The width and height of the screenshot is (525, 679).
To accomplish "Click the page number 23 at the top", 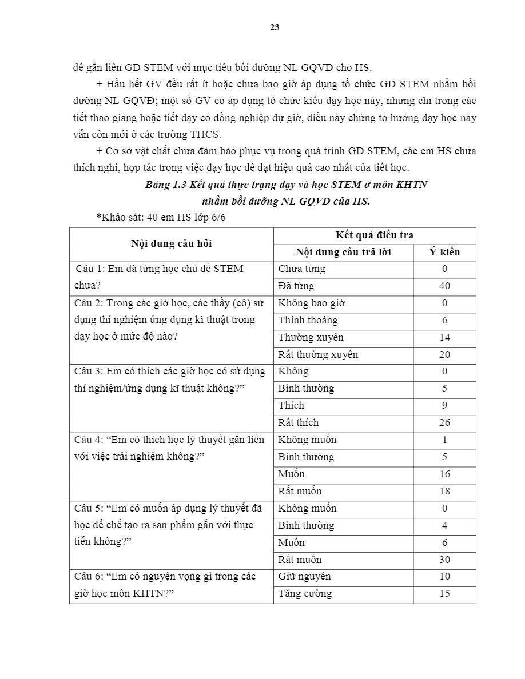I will tap(275, 27).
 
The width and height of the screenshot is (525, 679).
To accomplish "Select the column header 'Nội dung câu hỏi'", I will tap(171, 243).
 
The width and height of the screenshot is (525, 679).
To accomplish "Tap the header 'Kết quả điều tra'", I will tap(374, 235).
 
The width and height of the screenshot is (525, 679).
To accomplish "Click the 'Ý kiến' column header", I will tap(444, 252).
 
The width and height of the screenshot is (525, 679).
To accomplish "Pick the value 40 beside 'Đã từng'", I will tap(444, 286).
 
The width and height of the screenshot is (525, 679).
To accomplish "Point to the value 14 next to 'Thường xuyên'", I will tap(444, 337).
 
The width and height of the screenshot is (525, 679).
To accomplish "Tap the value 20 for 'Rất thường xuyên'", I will tap(444, 354).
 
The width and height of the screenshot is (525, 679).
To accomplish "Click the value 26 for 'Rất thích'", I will tap(444, 422).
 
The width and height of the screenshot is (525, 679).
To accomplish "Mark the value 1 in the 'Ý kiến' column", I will tap(444, 440).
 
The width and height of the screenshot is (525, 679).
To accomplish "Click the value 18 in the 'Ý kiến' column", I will tap(444, 491).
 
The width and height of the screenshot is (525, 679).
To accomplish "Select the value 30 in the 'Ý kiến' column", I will tap(444, 560).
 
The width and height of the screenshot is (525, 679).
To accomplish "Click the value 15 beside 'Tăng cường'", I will tap(444, 593).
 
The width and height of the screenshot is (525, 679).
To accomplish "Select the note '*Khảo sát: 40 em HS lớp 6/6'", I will tap(157, 218).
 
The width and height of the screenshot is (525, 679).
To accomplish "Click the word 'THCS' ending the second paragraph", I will tap(209, 134).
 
